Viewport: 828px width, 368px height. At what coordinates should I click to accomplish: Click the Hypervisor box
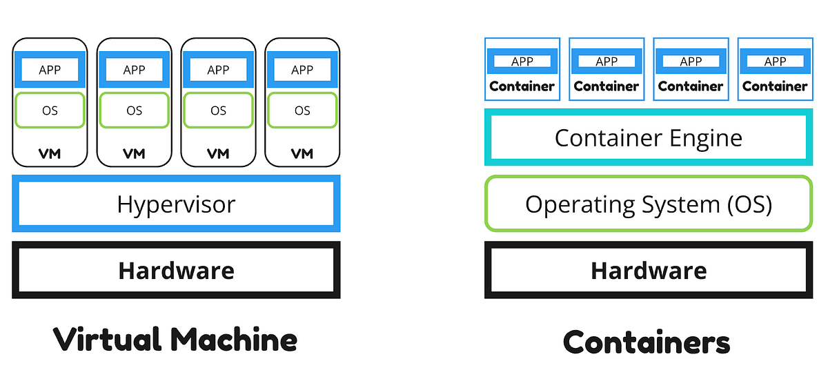coord(176,204)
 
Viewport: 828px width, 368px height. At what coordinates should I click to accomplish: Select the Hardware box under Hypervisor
coord(176,270)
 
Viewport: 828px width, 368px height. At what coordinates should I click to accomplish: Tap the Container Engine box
coord(649,138)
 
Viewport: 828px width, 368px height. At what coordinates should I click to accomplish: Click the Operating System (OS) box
coord(649,204)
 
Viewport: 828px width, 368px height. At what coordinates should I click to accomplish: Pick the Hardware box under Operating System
coord(649,270)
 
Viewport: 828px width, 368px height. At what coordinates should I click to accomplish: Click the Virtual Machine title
coord(175,340)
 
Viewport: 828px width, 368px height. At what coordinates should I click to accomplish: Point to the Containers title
coord(647,342)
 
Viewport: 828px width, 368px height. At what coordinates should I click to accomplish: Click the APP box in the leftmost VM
coord(50,70)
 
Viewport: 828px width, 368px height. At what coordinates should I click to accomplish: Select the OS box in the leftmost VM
coord(50,110)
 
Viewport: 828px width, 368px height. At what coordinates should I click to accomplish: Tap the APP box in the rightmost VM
coord(302,70)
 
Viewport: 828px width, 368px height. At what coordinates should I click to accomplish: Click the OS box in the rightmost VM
coord(302,110)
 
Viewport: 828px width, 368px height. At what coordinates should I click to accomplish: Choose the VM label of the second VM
coord(134,153)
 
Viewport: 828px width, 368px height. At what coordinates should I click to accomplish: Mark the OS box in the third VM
coord(218,110)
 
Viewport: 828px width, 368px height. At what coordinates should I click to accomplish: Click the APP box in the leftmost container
coord(522,61)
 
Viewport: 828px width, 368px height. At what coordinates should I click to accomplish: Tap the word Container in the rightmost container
coord(775,86)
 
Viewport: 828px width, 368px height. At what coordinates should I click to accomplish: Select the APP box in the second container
coord(607,61)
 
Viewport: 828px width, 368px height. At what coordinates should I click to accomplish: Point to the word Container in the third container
coord(691,86)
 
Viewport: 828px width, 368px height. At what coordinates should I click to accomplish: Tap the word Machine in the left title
coord(235,340)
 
